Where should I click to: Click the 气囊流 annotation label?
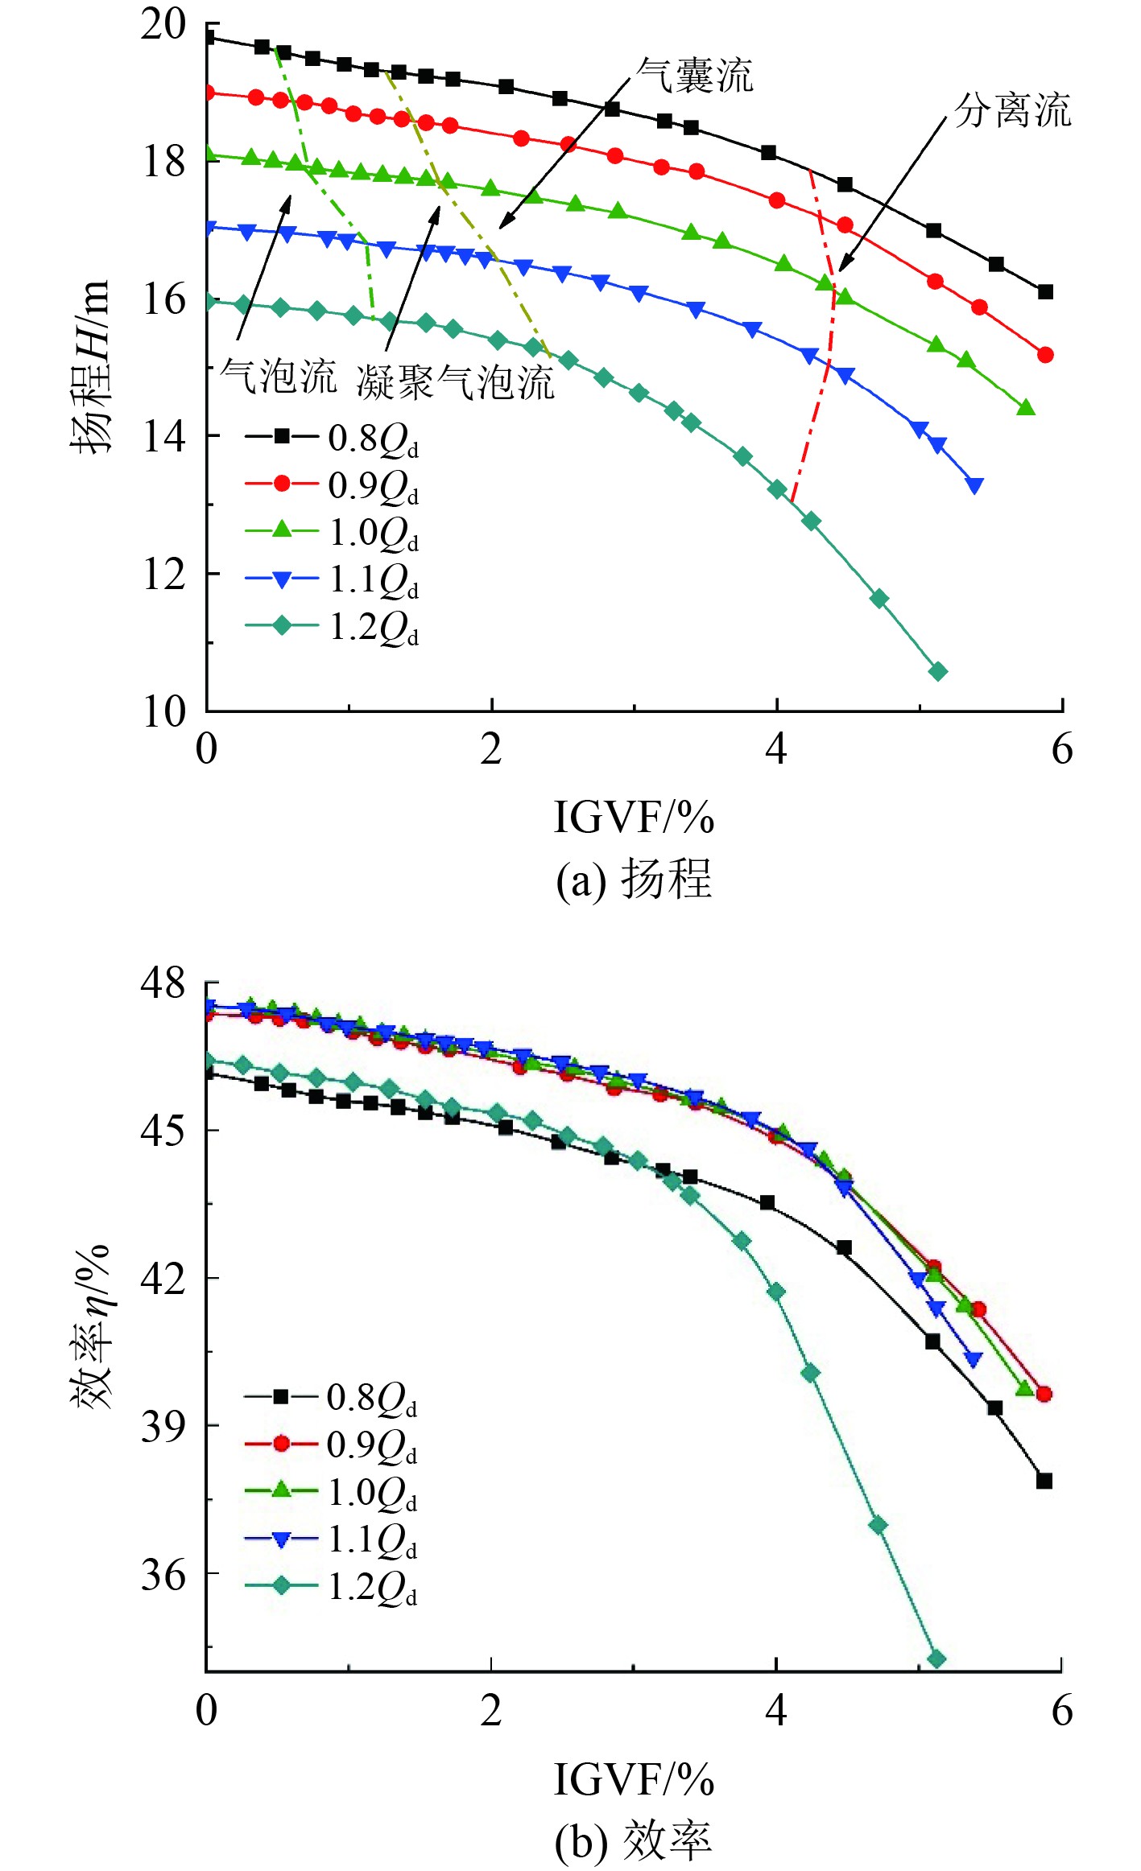pos(694,77)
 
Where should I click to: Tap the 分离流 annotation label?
pos(1012,111)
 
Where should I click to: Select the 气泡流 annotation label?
pos(278,377)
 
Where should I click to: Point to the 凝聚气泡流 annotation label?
pos(456,381)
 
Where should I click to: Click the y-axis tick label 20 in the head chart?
pos(163,25)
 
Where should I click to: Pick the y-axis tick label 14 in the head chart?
pos(163,437)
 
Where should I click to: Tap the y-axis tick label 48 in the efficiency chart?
pos(163,983)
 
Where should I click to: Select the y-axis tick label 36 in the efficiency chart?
pos(163,1574)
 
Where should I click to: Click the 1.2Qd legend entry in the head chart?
pos(333,627)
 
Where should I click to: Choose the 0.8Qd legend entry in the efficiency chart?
pos(331,1398)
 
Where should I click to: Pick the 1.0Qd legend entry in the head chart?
pos(333,532)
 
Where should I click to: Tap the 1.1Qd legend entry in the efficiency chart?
pos(331,1539)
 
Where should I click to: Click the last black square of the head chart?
pos(1045,292)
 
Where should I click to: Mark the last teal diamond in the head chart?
pos(938,671)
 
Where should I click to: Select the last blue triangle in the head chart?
pos(974,485)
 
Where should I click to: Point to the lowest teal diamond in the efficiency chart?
pos(936,1659)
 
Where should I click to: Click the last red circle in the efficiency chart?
pos(1044,1394)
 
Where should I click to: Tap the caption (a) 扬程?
pos(634,879)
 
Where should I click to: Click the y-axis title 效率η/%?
pos(91,1327)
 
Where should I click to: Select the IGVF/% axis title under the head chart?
pos(634,818)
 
